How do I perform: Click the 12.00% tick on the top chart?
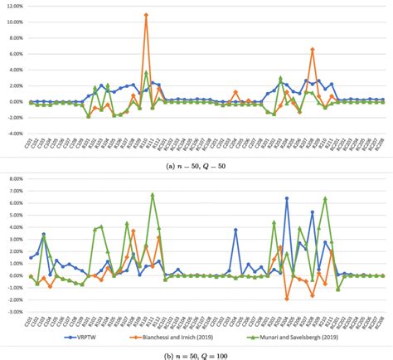pyautogui.click(x=13, y=6)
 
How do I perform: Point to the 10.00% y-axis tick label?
pyautogui.click(x=13, y=22)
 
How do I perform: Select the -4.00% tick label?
pyautogui.click(x=13, y=133)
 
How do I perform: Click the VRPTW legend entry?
pyautogui.click(x=86, y=338)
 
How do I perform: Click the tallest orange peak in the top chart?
pyautogui.click(x=146, y=15)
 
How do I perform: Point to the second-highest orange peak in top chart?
pyautogui.click(x=313, y=49)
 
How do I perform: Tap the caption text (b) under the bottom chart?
pyautogui.click(x=197, y=355)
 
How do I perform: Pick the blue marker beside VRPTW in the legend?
pyautogui.click(x=57, y=338)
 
